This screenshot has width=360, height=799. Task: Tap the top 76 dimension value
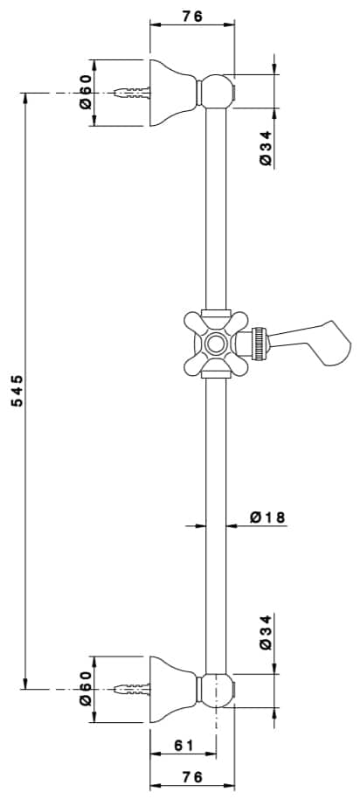click(192, 15)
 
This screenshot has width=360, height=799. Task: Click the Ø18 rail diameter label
click(267, 518)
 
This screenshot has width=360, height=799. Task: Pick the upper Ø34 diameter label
click(267, 149)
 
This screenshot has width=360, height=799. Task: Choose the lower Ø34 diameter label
click(267, 632)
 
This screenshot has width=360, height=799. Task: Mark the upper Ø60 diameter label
click(86, 91)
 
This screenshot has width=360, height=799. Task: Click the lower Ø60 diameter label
click(86, 690)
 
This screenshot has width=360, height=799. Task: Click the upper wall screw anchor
click(132, 92)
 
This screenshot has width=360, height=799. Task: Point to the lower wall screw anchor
click(132, 690)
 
